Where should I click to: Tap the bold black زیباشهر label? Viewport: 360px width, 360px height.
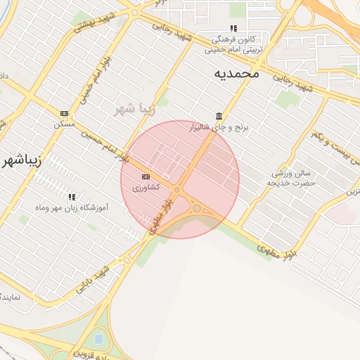22,159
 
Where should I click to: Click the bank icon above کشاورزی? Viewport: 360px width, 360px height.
146,176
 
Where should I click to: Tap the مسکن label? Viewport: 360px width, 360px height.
64,123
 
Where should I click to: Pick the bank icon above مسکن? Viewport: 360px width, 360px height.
64,113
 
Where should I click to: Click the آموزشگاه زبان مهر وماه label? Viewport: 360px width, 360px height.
72,208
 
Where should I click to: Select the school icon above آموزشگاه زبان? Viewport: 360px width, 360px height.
71,197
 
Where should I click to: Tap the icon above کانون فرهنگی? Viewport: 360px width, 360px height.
233,29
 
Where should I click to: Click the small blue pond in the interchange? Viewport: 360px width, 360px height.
98,340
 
